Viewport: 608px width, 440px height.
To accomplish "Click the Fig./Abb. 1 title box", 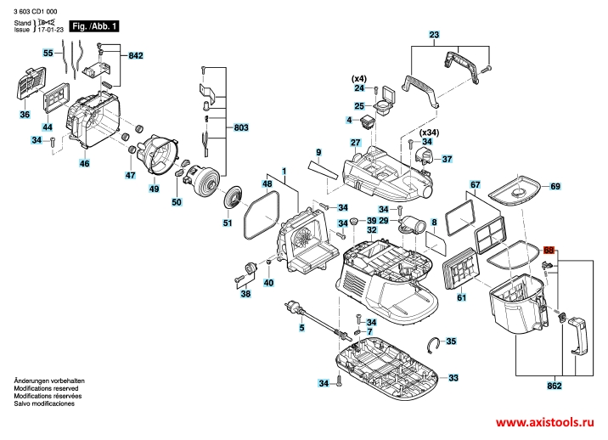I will point(93,26).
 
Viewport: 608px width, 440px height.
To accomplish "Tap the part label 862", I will point(555,386).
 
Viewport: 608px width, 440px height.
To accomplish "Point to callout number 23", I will point(435,35).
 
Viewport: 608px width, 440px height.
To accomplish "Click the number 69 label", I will point(555,185).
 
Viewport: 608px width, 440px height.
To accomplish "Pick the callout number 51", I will point(227,223).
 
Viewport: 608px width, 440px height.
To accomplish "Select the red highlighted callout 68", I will point(549,251).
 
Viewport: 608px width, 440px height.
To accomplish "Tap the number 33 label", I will point(453,377).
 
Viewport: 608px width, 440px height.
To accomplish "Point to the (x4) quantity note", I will point(359,78).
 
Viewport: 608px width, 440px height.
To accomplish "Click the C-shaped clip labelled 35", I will point(434,342).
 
